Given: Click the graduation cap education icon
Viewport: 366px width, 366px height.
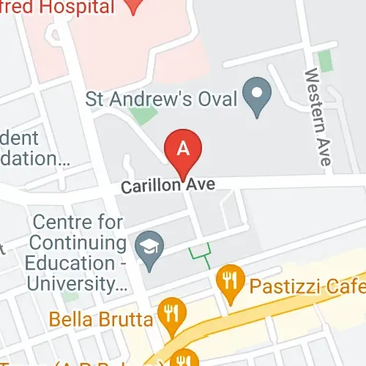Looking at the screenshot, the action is (x=151, y=244).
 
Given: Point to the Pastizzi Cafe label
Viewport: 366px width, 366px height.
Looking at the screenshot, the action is (x=307, y=284).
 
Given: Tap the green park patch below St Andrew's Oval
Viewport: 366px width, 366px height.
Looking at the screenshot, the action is (x=143, y=116).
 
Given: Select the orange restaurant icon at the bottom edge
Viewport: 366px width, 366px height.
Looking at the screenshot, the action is (x=187, y=359).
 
